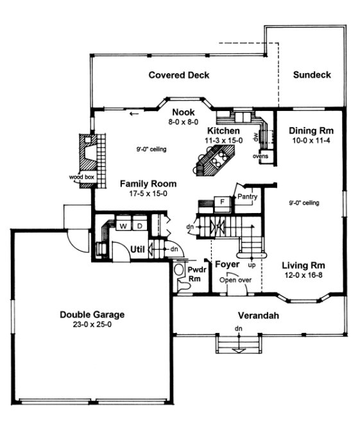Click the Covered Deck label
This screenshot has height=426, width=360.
coord(179,75)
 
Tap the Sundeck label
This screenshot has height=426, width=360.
coord(312,75)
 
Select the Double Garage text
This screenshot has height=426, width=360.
coord(92,314)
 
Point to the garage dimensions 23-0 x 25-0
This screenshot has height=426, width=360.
coord(92,325)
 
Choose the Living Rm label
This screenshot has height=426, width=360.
coord(304,264)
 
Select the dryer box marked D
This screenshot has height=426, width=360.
coord(138,226)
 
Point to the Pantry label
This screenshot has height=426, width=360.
coord(247,196)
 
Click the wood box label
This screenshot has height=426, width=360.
coord(81,176)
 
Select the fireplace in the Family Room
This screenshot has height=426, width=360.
coord(85,152)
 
